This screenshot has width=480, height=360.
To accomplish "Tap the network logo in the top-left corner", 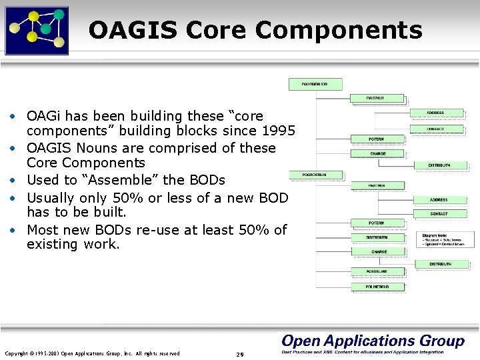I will click(37, 30).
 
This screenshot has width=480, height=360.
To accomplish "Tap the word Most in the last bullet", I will click(42, 230).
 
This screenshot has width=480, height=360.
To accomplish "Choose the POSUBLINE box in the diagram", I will click(376, 271).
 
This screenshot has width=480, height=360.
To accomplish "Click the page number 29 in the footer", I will click(240, 354).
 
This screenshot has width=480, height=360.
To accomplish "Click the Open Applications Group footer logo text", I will click(373, 341).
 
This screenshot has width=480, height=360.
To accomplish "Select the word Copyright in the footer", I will click(18, 353).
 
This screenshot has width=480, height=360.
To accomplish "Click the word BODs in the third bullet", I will click(208, 180).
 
